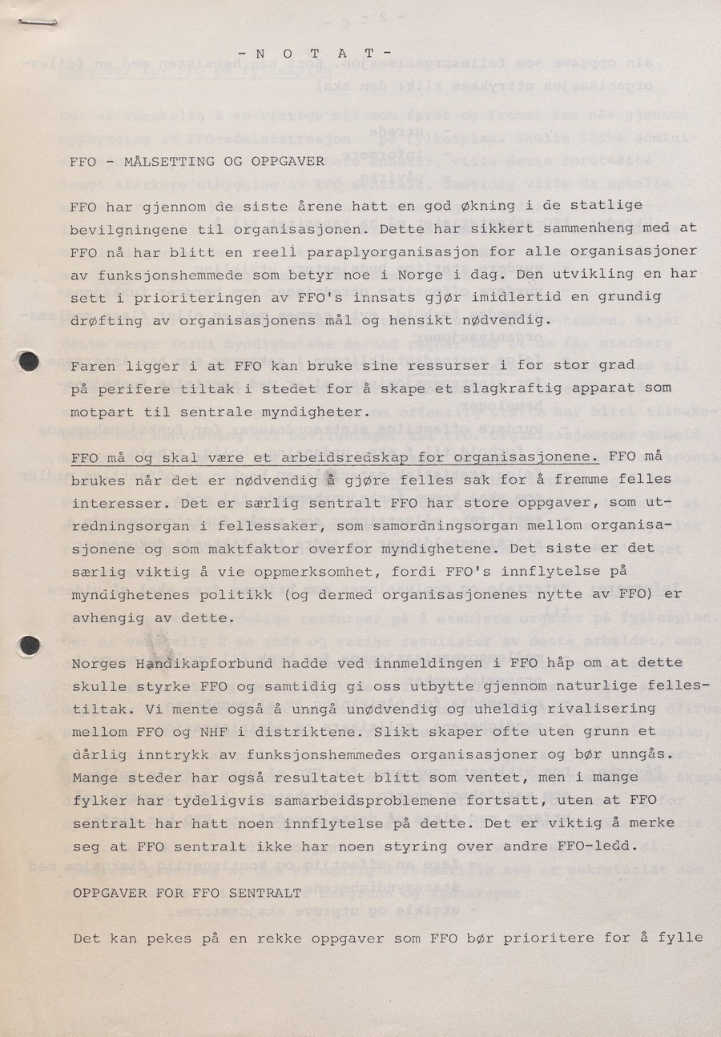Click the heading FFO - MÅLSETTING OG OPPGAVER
[197, 161]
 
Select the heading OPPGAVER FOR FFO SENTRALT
[187, 893]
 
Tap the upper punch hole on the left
[29, 361]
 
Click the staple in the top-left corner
[31, 25]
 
